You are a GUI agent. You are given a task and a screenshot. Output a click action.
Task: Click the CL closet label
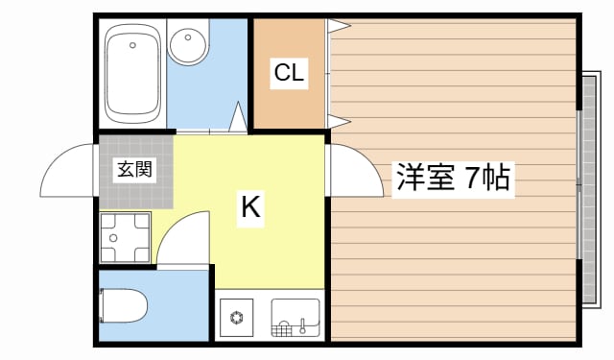(289, 73)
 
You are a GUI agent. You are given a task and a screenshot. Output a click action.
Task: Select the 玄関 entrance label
(135, 171)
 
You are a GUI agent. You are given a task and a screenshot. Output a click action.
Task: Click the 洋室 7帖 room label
(453, 178)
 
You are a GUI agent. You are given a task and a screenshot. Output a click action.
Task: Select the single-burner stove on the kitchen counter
(236, 316)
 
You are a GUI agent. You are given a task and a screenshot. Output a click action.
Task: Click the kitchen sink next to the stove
(295, 316)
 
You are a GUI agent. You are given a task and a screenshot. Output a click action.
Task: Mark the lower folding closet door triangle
(339, 119)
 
